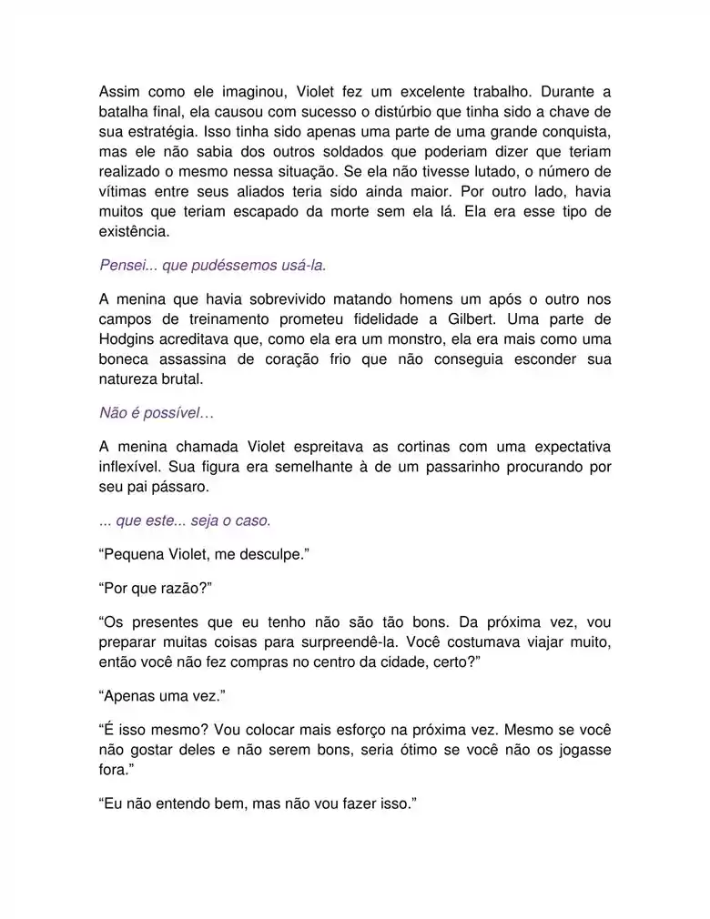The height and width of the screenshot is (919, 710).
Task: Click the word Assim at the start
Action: (x=119, y=92)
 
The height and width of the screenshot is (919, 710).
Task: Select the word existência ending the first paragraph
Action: (x=134, y=232)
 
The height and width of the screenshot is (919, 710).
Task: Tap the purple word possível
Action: (x=180, y=413)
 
